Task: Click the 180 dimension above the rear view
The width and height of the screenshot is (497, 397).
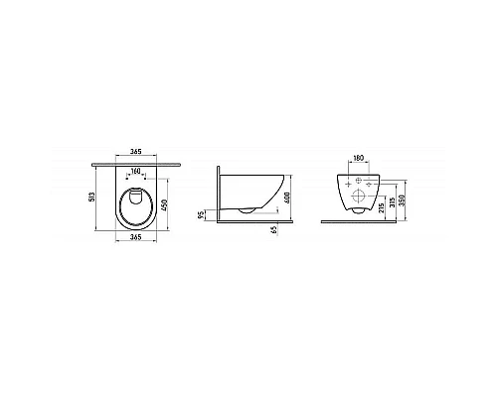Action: click(x=359, y=158)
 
